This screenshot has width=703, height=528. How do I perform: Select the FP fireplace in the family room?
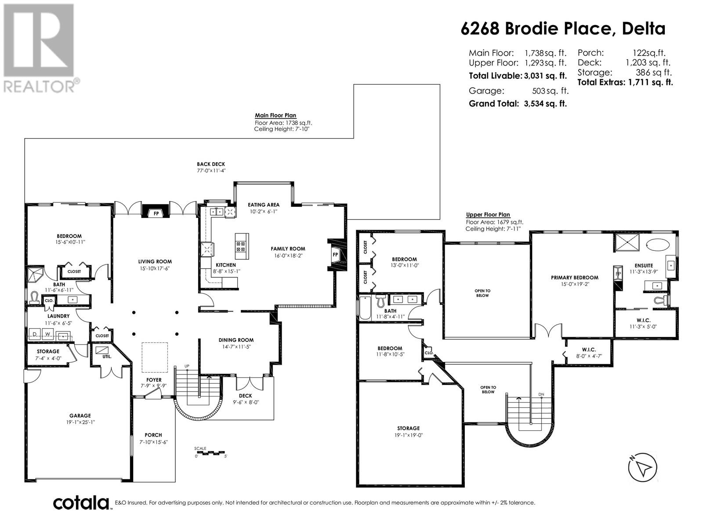click(x=335, y=255)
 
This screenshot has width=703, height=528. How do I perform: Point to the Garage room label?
click(x=80, y=415)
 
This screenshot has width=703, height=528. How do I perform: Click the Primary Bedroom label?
click(x=575, y=278)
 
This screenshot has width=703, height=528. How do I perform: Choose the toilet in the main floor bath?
click(x=34, y=297)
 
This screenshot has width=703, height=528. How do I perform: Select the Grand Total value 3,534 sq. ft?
click(x=545, y=103)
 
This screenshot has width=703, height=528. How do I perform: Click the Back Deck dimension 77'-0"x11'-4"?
click(x=211, y=171)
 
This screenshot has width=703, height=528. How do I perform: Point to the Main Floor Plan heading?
click(x=275, y=115)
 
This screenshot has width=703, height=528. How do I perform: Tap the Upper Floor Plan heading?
click(x=488, y=215)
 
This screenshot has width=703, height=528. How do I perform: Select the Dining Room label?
click(x=236, y=340)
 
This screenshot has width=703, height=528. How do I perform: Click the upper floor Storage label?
click(x=408, y=428)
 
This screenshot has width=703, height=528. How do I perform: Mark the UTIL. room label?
click(x=107, y=356)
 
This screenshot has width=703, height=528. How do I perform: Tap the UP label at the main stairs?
click(x=187, y=366)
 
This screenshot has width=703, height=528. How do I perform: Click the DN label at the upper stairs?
click(x=541, y=394)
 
